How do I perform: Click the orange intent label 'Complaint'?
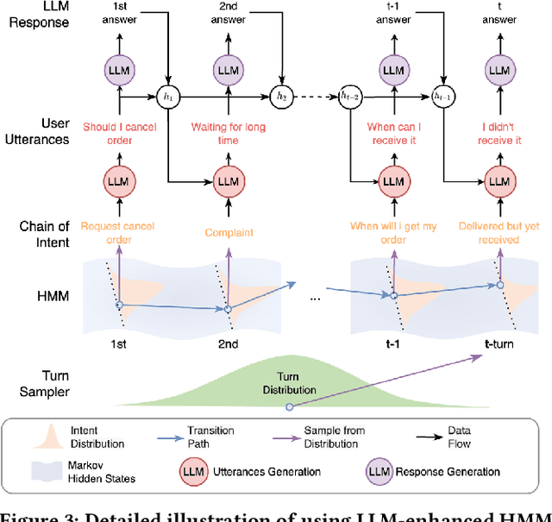pos(228,233)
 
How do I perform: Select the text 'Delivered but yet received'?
pos(497,233)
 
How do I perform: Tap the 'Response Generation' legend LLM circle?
pos(380,472)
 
